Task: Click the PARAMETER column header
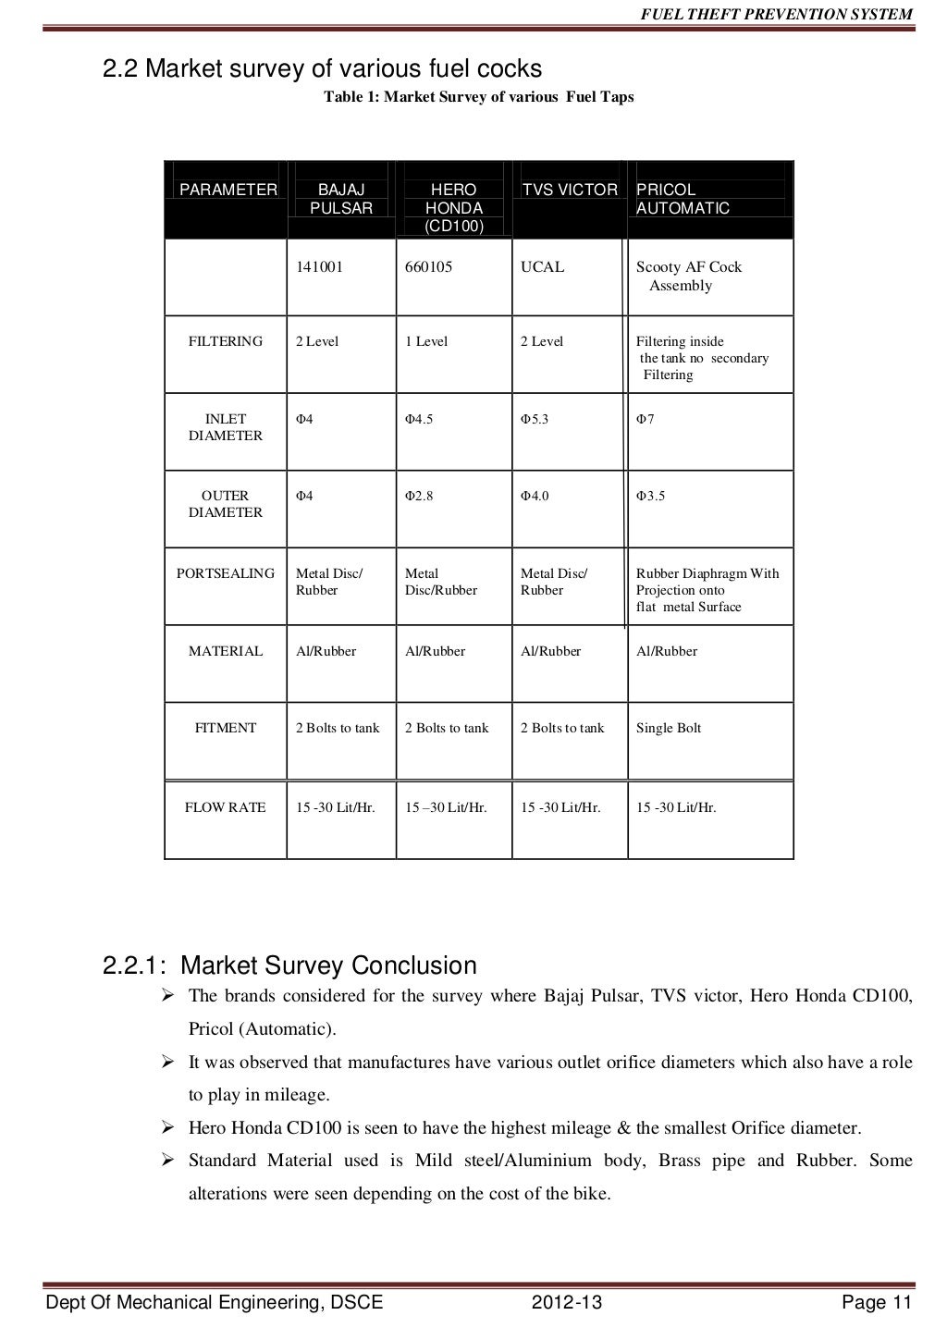pyautogui.click(x=228, y=190)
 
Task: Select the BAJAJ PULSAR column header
pyautogui.click(x=341, y=199)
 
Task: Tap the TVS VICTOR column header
pyautogui.click(x=569, y=190)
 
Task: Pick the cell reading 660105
pyautogui.click(x=429, y=267)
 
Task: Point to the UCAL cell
pyautogui.click(x=542, y=267)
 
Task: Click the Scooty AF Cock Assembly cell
pyautogui.click(x=688, y=276)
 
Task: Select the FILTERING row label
pyautogui.click(x=226, y=341)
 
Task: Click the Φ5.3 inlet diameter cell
pyautogui.click(x=535, y=419)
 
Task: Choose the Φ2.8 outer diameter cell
pyautogui.click(x=419, y=496)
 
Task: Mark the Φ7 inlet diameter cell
pyautogui.click(x=646, y=419)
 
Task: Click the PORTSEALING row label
pyautogui.click(x=226, y=573)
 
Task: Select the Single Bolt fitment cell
pyautogui.click(x=669, y=728)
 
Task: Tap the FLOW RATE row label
pyautogui.click(x=226, y=807)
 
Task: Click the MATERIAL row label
pyautogui.click(x=226, y=651)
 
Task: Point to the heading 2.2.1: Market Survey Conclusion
pyautogui.click(x=289, y=965)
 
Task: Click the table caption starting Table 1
pyautogui.click(x=478, y=97)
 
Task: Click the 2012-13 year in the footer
pyautogui.click(x=567, y=1303)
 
